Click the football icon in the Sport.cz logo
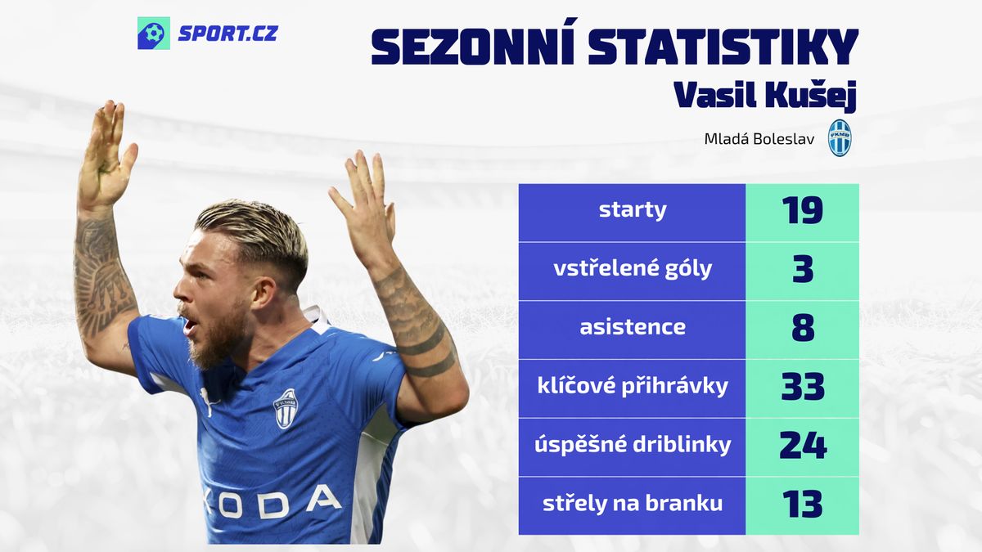pos(154,33)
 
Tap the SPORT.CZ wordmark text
pos(228,34)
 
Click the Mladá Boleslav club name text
pos(759,139)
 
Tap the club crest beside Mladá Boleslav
pos(840,138)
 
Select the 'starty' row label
pos(633,211)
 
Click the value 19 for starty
pos(803,210)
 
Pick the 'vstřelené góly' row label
pos(633,268)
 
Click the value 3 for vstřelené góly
pos(803,269)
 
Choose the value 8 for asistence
pos(803,328)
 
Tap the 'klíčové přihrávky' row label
pos(633,386)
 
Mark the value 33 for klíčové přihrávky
pos(803,386)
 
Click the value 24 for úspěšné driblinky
pos(803,445)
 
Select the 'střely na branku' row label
pos(633,504)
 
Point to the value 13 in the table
pos(803,504)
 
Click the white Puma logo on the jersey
pos(207,401)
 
